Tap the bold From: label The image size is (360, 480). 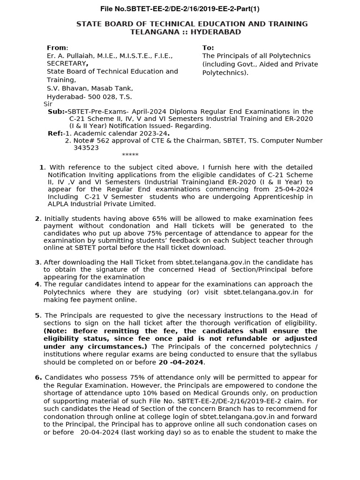click(x=57, y=48)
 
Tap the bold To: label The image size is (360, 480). click(x=208, y=48)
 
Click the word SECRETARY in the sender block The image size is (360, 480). click(x=66, y=63)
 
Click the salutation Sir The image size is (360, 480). click(x=48, y=104)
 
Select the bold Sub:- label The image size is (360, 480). click(x=57, y=112)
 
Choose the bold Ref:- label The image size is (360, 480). click(x=55, y=133)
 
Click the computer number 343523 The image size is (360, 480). click(x=86, y=147)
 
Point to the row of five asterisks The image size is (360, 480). click(x=130, y=155)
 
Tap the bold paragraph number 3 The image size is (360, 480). click(x=37, y=262)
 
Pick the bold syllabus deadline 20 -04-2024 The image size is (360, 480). click(x=181, y=362)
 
